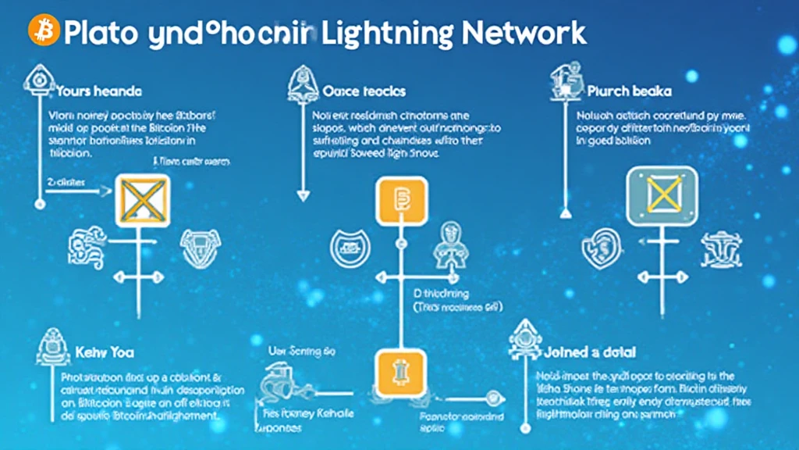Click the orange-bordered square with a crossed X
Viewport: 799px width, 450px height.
142,201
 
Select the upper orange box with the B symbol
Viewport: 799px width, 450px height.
401,201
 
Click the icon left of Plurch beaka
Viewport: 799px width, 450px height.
560,80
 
